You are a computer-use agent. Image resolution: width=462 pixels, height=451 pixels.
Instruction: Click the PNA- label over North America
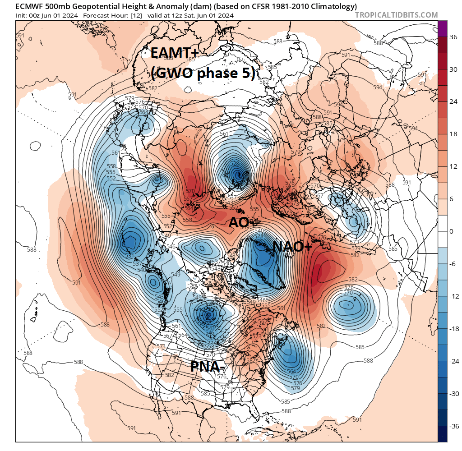[x=208, y=366]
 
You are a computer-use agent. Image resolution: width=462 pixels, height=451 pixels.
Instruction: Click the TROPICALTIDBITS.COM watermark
[x=396, y=15]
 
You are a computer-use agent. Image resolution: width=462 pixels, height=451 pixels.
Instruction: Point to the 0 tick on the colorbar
[x=451, y=231]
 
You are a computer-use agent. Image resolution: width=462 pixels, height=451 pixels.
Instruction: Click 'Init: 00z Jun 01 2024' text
[x=46, y=15]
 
